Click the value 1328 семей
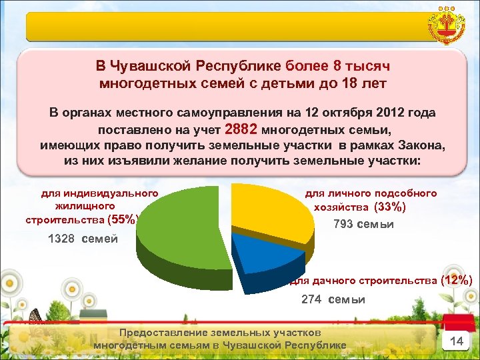[x=83, y=239]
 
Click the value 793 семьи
[x=363, y=224]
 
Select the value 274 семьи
[x=333, y=299]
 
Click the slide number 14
[x=457, y=341]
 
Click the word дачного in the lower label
[x=331, y=281]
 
